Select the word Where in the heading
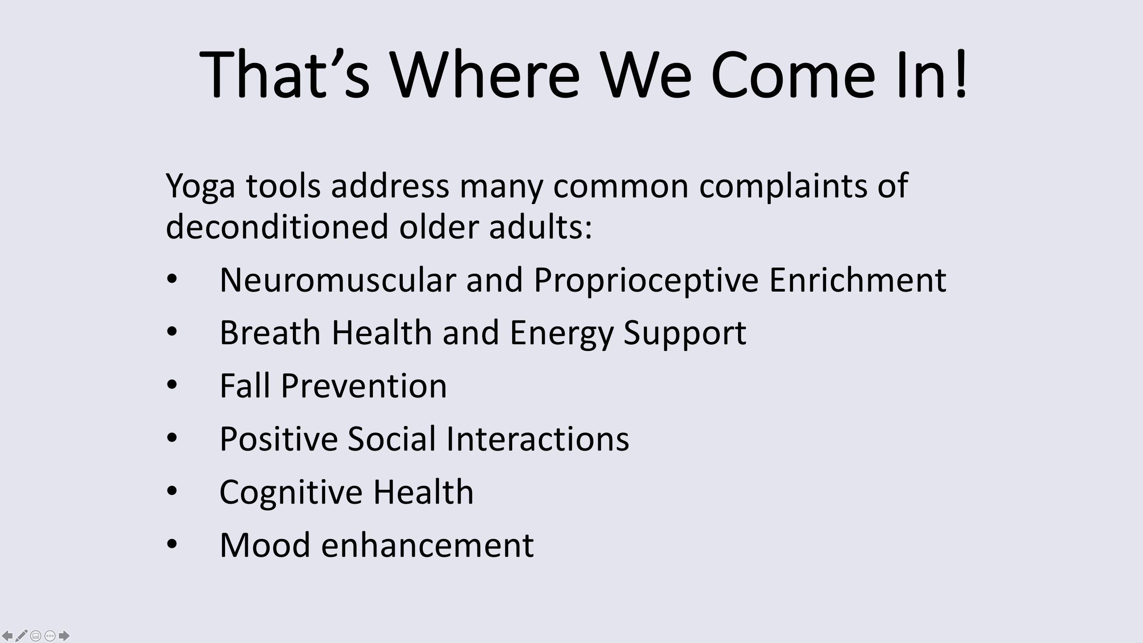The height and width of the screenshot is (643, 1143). pyautogui.click(x=485, y=73)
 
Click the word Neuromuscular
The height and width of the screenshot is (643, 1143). pyautogui.click(x=338, y=280)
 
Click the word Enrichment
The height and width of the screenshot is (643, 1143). pyautogui.click(x=857, y=280)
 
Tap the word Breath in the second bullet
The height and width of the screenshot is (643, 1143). pyautogui.click(x=270, y=333)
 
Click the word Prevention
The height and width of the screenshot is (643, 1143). pyautogui.click(x=363, y=386)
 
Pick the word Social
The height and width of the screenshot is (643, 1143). pyautogui.click(x=391, y=439)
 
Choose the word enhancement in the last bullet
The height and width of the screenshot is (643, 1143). pyautogui.click(x=427, y=545)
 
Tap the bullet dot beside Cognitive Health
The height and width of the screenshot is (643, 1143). pyautogui.click(x=172, y=491)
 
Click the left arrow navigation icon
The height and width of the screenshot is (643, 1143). pyautogui.click(x=8, y=635)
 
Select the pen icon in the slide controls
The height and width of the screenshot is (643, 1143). pyautogui.click(x=21, y=635)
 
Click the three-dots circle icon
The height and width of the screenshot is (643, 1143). pyautogui.click(x=50, y=635)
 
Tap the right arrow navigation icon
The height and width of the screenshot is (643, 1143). pyautogui.click(x=64, y=635)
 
